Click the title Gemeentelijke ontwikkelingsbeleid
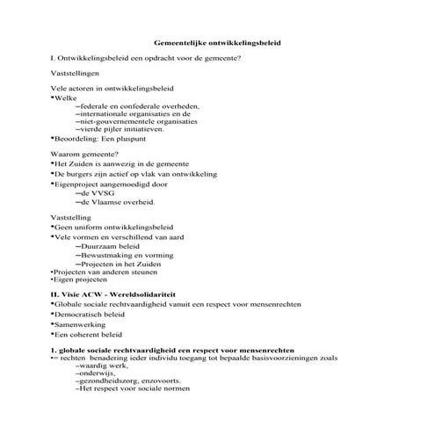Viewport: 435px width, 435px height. pos(217,41)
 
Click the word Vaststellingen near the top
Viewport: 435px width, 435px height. pos(76,74)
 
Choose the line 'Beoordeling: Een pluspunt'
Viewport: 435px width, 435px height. pos(99,139)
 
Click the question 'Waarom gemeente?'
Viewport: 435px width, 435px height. pos(86,155)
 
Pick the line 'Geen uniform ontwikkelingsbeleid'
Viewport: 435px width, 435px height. pos(113,227)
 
